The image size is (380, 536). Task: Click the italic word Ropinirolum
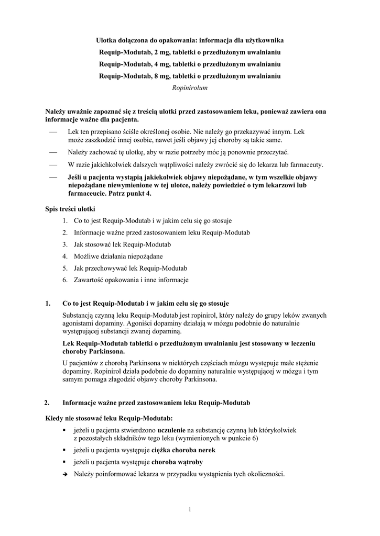[x=190, y=88]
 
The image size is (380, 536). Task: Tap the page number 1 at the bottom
[x=190, y=509]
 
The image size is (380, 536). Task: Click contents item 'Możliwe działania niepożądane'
[x=118, y=256]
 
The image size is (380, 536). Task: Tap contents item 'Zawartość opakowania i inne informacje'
[x=131, y=280]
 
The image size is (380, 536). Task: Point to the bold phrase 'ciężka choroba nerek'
[x=183, y=450]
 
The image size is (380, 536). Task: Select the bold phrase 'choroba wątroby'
[x=177, y=462]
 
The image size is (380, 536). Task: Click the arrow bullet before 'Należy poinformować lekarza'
[x=64, y=475]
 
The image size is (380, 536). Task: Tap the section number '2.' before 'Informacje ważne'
[x=48, y=403]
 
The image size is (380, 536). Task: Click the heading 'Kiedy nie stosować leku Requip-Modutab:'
[x=109, y=418]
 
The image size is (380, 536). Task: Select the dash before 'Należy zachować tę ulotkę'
[x=52, y=152]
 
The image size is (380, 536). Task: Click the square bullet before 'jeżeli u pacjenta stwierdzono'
[x=64, y=430]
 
